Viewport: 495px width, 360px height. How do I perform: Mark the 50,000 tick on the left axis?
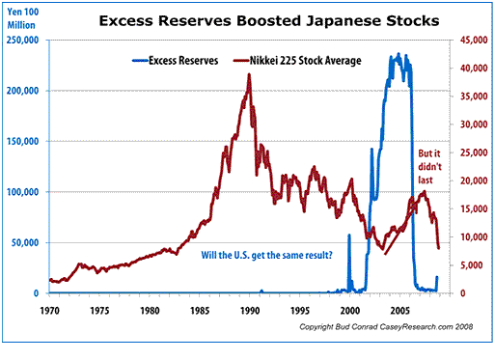(x=29, y=243)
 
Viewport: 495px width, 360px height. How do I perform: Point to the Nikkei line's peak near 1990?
(x=250, y=75)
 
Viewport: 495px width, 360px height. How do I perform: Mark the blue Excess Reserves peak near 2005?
(x=399, y=56)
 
